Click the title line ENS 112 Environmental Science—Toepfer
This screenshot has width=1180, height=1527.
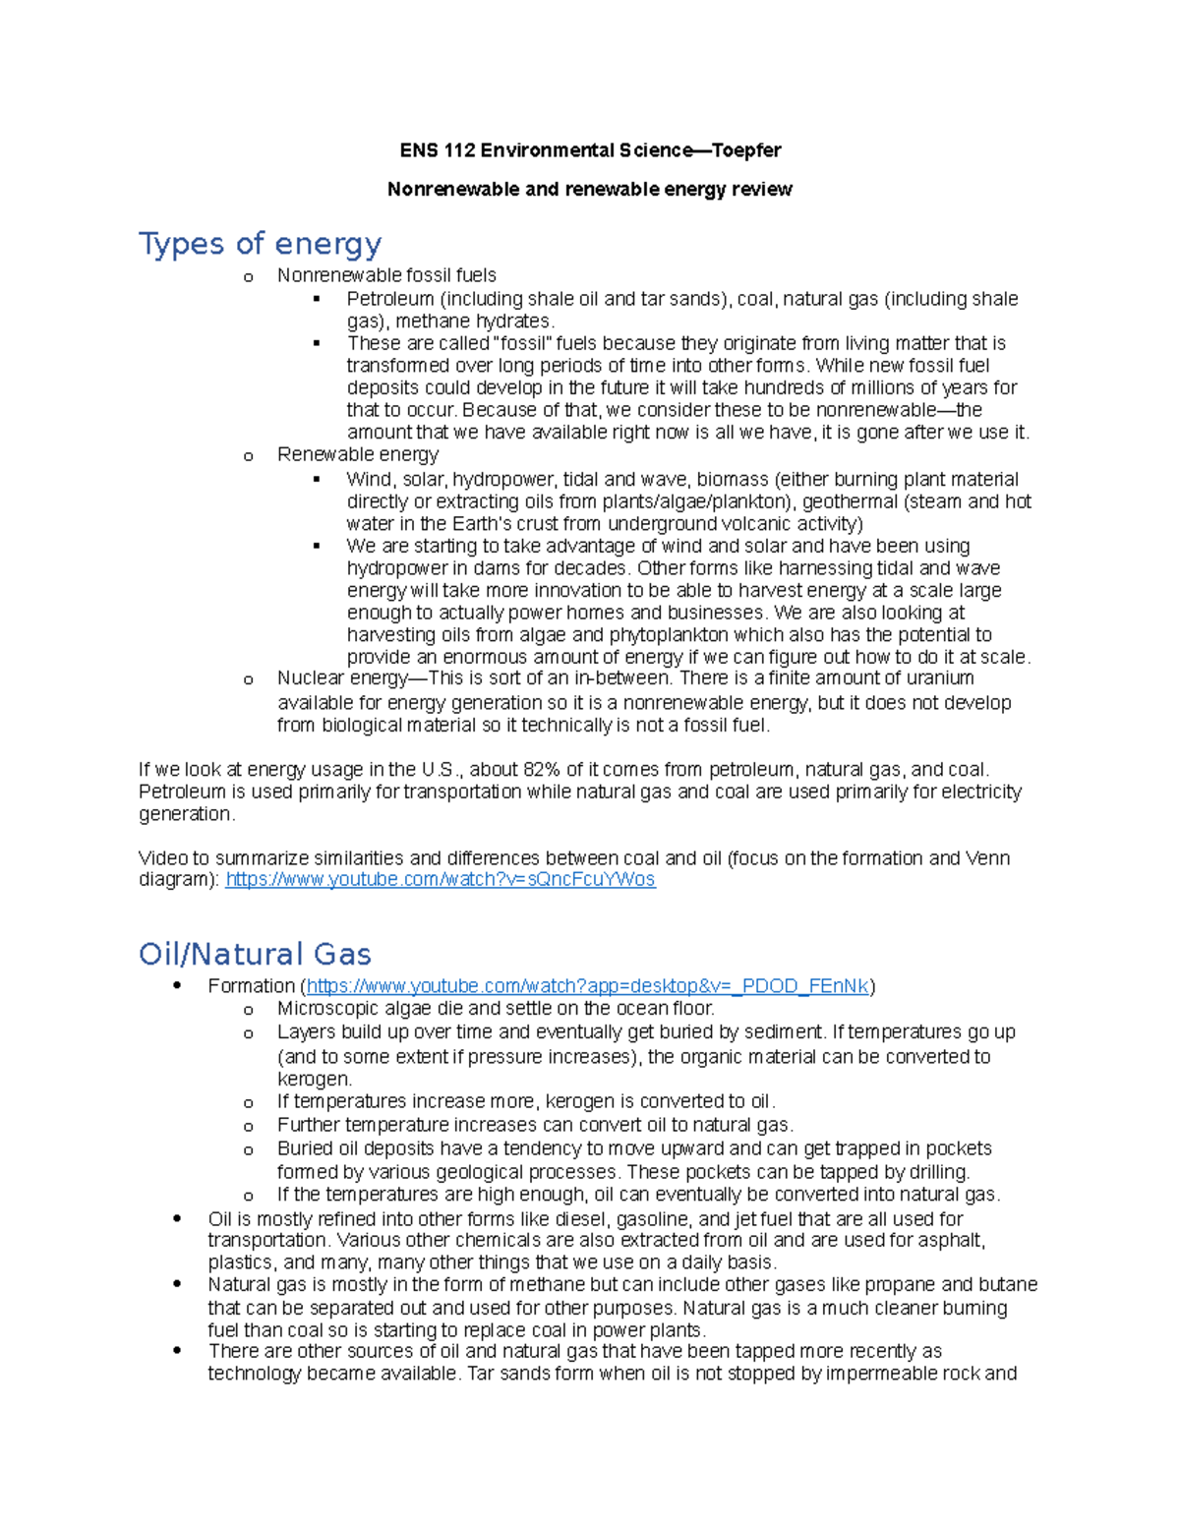[x=590, y=150]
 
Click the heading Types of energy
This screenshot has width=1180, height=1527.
[x=260, y=243]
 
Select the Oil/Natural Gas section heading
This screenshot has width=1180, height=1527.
[x=255, y=954]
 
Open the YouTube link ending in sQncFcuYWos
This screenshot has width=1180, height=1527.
[x=440, y=879]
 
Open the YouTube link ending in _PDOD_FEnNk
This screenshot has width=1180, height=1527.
[x=587, y=986]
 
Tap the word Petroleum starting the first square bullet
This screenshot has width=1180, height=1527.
[x=389, y=299]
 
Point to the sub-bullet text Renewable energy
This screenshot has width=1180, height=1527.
[x=358, y=454]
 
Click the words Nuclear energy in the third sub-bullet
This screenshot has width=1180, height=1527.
[x=341, y=677]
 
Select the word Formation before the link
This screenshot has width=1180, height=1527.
[x=251, y=986]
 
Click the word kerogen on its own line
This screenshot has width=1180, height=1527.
[x=313, y=1079]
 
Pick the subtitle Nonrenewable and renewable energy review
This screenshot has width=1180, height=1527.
[x=589, y=189]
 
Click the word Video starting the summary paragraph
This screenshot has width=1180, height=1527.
[x=161, y=857]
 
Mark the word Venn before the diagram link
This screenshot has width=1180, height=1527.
[x=988, y=857]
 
